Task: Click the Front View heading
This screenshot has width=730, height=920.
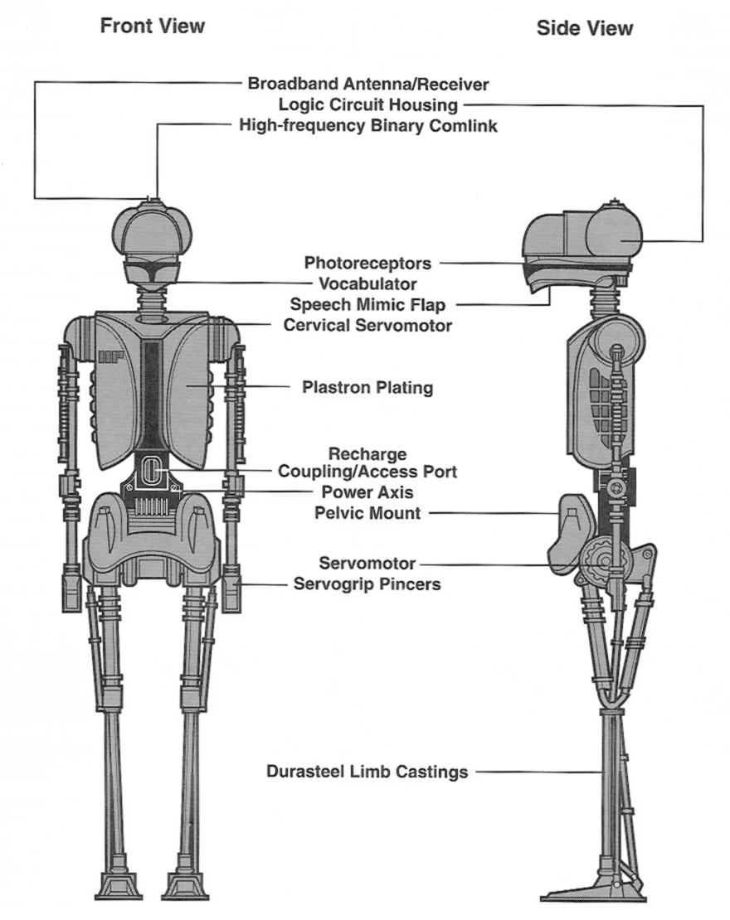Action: (x=152, y=27)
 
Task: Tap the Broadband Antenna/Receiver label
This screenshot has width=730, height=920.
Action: (x=368, y=84)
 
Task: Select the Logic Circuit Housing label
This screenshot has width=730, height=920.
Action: (x=367, y=105)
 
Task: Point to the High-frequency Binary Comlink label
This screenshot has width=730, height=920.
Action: (x=367, y=126)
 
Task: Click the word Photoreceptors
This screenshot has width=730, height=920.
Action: (x=367, y=264)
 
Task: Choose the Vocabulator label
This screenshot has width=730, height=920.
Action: (x=368, y=284)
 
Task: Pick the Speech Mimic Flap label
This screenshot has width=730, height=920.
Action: (x=367, y=304)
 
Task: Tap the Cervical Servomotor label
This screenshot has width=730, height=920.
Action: (x=367, y=326)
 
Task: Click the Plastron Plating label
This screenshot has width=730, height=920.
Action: (x=367, y=387)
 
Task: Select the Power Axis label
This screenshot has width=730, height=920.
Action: (x=367, y=492)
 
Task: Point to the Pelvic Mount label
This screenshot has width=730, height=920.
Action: (x=367, y=513)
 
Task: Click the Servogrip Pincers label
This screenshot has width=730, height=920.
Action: (x=367, y=584)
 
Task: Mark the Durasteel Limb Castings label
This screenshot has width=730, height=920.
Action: (x=367, y=772)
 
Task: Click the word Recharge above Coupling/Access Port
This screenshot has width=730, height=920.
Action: (x=367, y=454)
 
